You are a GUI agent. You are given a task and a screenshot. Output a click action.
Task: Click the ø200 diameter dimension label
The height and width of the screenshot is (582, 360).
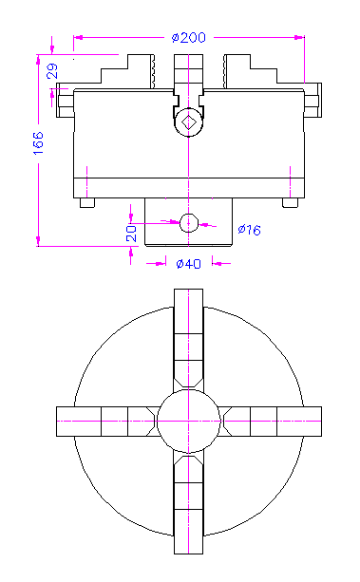(188, 37)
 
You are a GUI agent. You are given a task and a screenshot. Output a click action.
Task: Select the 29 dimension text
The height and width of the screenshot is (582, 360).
(52, 71)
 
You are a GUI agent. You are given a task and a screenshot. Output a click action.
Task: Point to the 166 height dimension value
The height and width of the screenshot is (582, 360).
(38, 143)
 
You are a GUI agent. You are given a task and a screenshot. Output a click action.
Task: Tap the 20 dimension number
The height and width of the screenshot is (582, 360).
(131, 234)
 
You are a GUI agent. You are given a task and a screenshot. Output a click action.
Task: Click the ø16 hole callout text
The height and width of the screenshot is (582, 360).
(249, 230)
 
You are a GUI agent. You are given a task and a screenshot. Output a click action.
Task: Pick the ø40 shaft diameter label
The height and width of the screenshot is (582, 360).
(189, 264)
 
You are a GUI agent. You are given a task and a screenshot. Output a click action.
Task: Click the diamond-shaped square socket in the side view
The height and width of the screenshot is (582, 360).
(189, 122)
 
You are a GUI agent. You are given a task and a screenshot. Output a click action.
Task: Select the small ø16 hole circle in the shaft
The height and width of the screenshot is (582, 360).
(189, 223)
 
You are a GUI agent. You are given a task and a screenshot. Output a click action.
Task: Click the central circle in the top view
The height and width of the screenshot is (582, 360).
(189, 422)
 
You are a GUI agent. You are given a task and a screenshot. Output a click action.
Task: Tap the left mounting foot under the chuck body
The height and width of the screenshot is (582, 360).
(87, 202)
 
